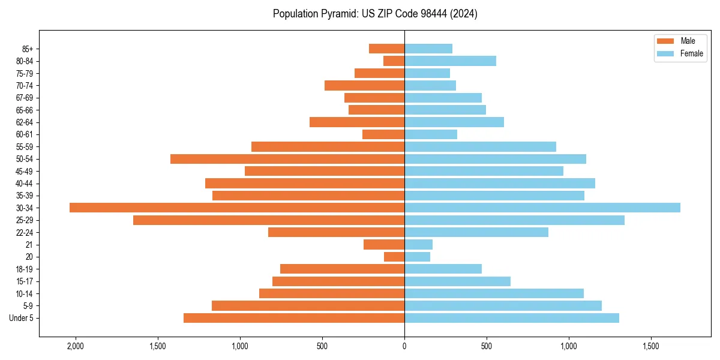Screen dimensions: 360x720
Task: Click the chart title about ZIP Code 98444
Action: coord(375,14)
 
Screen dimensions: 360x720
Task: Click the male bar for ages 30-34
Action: coord(237,208)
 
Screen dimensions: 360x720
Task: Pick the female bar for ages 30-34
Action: coord(542,208)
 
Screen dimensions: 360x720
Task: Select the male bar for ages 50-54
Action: coord(287,159)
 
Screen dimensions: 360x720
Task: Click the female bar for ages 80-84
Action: coord(450,61)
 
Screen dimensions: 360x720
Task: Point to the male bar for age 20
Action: coord(394,257)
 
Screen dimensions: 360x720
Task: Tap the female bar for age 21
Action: coord(418,244)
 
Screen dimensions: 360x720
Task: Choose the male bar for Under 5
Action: coord(294,318)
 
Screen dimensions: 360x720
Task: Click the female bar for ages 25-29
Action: coord(514,220)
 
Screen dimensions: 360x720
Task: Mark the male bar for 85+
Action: coord(386,49)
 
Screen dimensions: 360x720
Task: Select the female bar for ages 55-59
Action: coord(480,146)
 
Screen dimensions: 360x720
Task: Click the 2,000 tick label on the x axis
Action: coord(76,346)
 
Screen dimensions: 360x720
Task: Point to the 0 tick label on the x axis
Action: coord(404,346)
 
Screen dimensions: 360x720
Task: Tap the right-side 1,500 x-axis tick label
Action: coord(651,346)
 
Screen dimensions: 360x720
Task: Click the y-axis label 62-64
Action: coord(25,122)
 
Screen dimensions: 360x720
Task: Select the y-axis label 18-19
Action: coord(25,269)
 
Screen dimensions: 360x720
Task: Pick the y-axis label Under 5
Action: coord(22,318)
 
